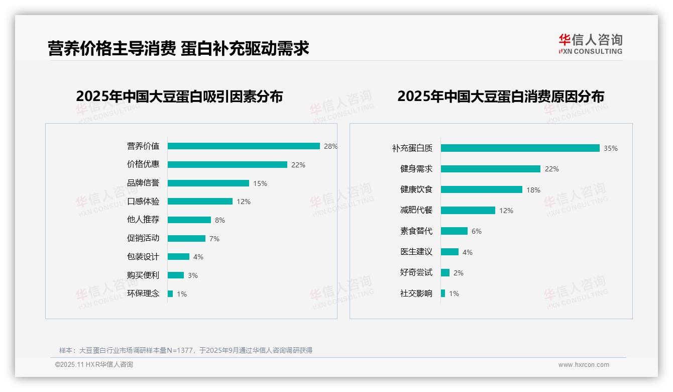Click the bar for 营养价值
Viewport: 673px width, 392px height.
[244, 146]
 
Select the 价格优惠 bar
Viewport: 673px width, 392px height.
[227, 165]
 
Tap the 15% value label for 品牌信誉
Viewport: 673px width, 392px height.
[260, 183]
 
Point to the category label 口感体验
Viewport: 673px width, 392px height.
[143, 202]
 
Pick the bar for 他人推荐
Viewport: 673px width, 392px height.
[189, 220]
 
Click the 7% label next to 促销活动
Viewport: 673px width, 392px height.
[214, 239]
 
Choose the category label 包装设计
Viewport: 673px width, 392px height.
[143, 257]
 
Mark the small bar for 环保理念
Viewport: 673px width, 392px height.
[170, 293]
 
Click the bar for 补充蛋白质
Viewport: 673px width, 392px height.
[520, 148]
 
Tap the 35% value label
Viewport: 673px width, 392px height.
[611, 148]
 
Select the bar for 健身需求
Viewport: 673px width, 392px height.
[490, 169]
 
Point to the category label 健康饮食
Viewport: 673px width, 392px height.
[416, 189]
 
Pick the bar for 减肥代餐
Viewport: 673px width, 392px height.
[468, 211]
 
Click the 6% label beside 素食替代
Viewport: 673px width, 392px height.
[477, 231]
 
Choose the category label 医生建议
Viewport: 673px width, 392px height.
[416, 252]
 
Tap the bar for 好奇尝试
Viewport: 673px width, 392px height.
[445, 272]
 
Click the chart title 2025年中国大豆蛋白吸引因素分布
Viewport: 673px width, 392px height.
[179, 96]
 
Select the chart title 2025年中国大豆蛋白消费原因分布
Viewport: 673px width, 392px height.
[501, 96]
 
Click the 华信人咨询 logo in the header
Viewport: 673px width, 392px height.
[591, 44]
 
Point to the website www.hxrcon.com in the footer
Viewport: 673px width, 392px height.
[584, 365]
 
